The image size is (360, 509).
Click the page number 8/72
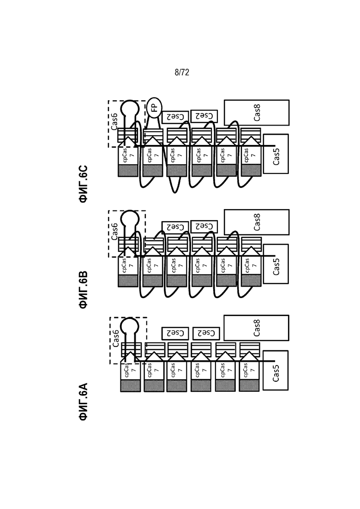[x=182, y=72]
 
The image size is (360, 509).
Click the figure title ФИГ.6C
[x=84, y=184]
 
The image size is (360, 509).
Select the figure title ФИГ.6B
[x=84, y=289]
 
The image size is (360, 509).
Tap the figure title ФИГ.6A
[x=84, y=402]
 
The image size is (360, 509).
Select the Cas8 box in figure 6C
[x=257, y=113]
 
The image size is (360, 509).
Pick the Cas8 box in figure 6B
[x=257, y=222]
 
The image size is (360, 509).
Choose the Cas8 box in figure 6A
[x=256, y=328]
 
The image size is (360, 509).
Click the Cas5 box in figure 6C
[x=276, y=154]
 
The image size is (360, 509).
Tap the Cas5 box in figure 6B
[x=276, y=264]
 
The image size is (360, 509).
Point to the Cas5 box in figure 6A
[x=275, y=371]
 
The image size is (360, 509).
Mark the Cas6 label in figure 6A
[x=115, y=338]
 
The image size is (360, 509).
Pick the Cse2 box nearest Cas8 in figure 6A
[x=206, y=333]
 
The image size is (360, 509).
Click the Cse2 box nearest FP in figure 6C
[x=175, y=117]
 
